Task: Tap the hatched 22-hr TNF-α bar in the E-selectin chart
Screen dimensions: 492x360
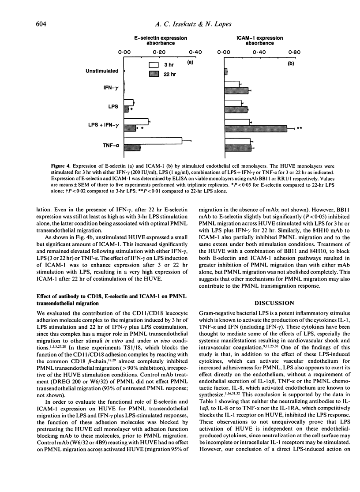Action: pyautogui.click(x=132, y=147)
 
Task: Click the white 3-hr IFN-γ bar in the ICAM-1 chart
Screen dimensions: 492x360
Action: pyautogui.click(x=232, y=84)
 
